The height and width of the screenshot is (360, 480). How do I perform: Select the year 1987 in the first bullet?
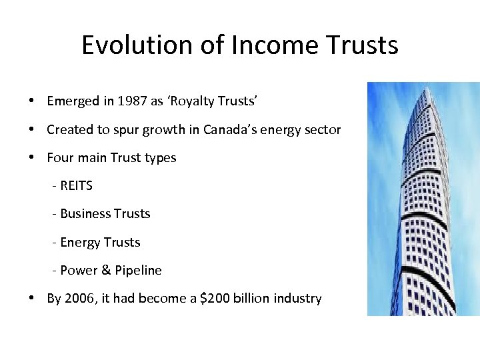pos(132,101)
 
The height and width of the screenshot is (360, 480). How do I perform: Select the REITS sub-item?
pos(76,186)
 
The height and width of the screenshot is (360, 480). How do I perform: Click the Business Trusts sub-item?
pos(105,214)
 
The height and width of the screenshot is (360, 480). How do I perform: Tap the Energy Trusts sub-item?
pos(100,242)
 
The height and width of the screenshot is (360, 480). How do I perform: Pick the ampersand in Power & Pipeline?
pos(105,270)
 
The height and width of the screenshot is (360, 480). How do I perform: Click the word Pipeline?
pos(138,270)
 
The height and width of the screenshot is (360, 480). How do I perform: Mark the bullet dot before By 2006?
pos(32,299)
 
